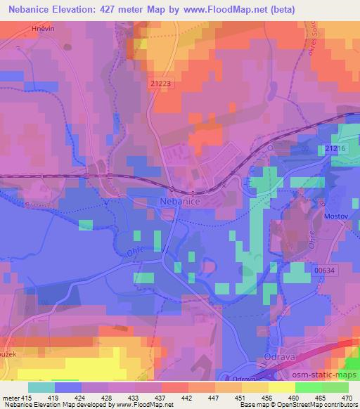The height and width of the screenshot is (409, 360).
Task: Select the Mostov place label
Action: (x=336, y=217)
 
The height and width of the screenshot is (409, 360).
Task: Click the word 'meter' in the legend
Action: (x=11, y=397)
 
